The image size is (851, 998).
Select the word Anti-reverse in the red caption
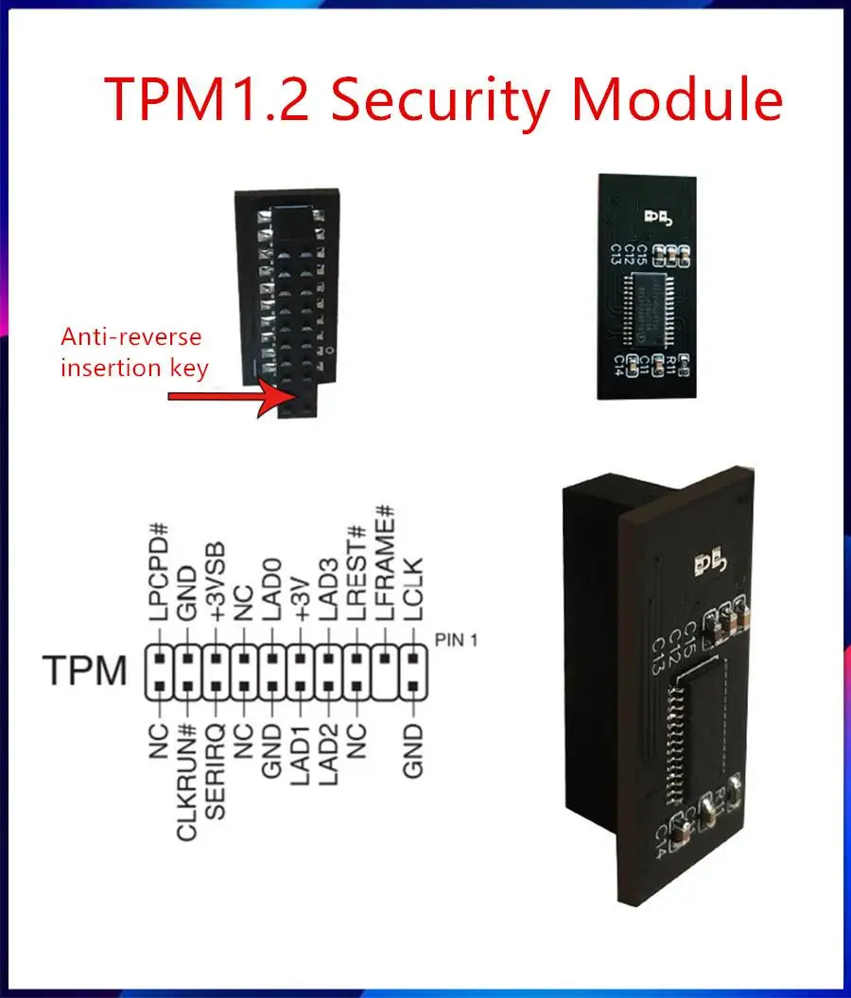(131, 336)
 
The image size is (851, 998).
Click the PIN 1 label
(457, 640)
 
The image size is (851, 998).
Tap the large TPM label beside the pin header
(84, 671)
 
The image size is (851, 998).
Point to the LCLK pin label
(414, 592)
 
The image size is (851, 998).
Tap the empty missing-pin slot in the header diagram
(386, 684)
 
